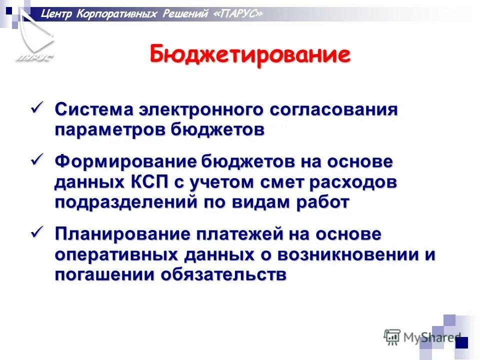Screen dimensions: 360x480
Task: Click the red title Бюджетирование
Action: (x=249, y=54)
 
